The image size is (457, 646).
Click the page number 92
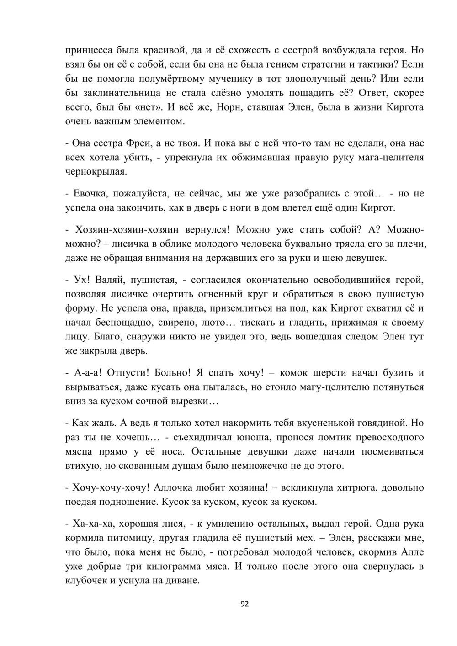point(244,604)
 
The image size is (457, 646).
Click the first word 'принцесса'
point(87,49)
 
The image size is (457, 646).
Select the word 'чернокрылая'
point(96,172)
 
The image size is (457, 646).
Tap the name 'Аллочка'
point(175,488)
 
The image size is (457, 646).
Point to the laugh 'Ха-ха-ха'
point(90,524)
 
